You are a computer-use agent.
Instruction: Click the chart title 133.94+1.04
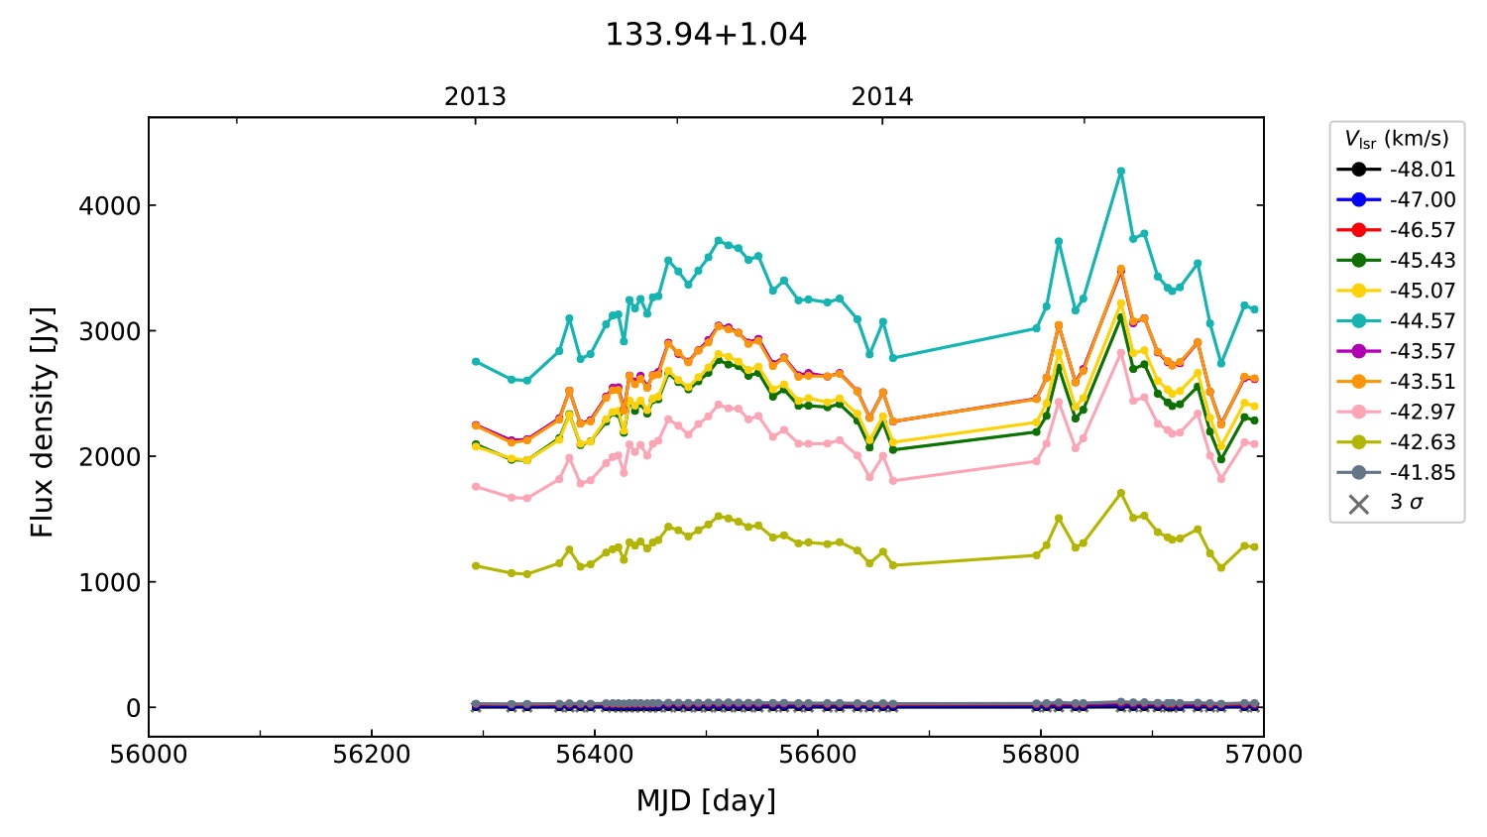pos(706,35)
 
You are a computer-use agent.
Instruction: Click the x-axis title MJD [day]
pos(706,800)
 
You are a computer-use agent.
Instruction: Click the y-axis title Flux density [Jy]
pos(43,422)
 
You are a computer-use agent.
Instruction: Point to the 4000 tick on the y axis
pos(111,206)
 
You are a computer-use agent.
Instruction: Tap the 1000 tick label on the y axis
pos(111,582)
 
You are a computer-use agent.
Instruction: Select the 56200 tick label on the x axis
pos(372,755)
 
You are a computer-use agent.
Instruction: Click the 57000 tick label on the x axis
pos(1263,755)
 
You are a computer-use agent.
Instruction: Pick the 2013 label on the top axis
pos(475,97)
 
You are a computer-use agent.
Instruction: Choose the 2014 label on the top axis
pos(882,97)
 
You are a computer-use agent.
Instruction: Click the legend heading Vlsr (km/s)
pos(1396,139)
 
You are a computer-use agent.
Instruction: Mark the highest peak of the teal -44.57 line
pos(1121,172)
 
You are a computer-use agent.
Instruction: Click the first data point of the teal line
pos(476,361)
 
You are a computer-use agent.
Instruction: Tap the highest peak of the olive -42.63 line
pos(1121,493)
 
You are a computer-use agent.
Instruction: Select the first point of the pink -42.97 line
pos(476,487)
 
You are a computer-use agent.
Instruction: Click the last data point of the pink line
pos(1254,444)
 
